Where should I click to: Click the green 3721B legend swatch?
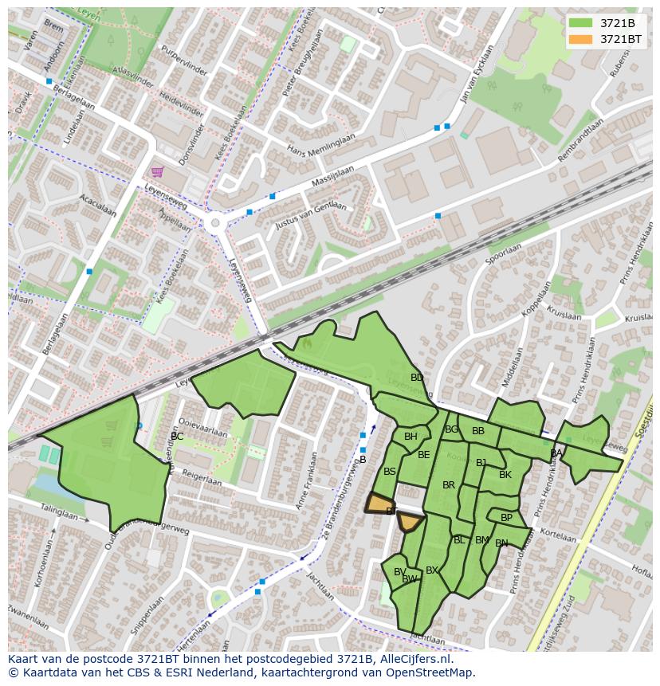582,23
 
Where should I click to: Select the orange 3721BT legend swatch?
582,39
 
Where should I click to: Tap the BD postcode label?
417,378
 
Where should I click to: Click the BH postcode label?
411,437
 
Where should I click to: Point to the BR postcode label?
449,485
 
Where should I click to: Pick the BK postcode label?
505,475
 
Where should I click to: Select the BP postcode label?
507,518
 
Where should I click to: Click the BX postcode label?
432,570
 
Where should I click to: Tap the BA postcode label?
556,453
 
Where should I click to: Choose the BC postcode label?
177,437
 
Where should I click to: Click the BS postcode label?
390,472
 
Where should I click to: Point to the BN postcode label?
501,543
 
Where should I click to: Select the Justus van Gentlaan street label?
311,216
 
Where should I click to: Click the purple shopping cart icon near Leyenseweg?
158,171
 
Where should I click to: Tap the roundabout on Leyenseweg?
213,224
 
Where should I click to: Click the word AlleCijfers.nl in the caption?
414,659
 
